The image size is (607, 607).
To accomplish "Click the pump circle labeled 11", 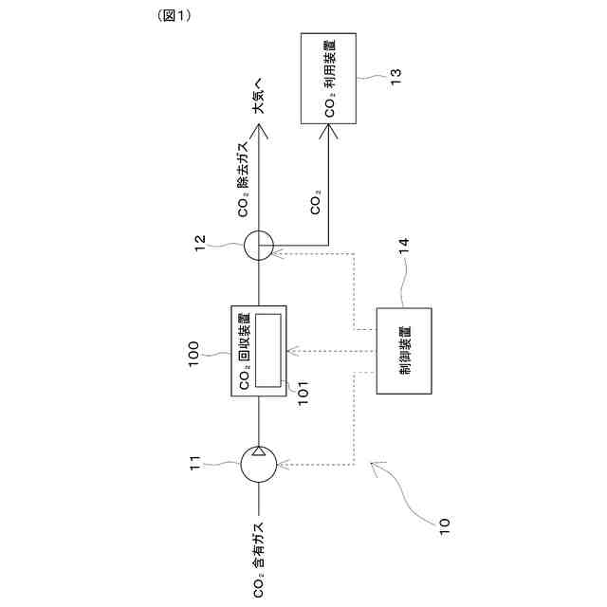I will (x=258, y=465).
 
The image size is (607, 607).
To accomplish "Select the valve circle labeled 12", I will (x=258, y=247).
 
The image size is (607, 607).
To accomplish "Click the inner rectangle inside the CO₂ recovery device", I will (x=270, y=349).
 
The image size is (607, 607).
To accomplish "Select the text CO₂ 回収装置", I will (x=245, y=349).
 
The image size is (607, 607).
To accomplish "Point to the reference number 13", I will (x=395, y=73).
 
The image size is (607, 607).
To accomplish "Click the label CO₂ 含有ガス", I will (x=258, y=560).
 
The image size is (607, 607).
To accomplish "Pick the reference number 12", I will (x=206, y=246).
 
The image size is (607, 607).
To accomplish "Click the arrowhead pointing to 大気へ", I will (x=258, y=133).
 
